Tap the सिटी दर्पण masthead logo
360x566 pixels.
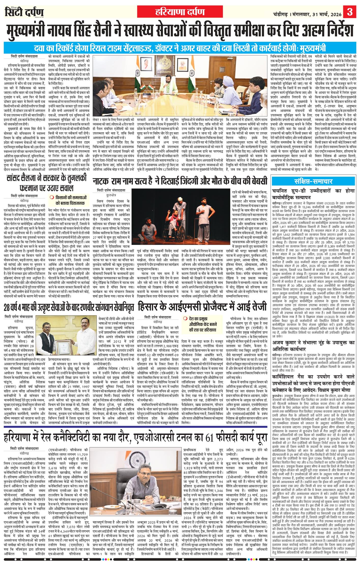[x=24, y=12]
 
